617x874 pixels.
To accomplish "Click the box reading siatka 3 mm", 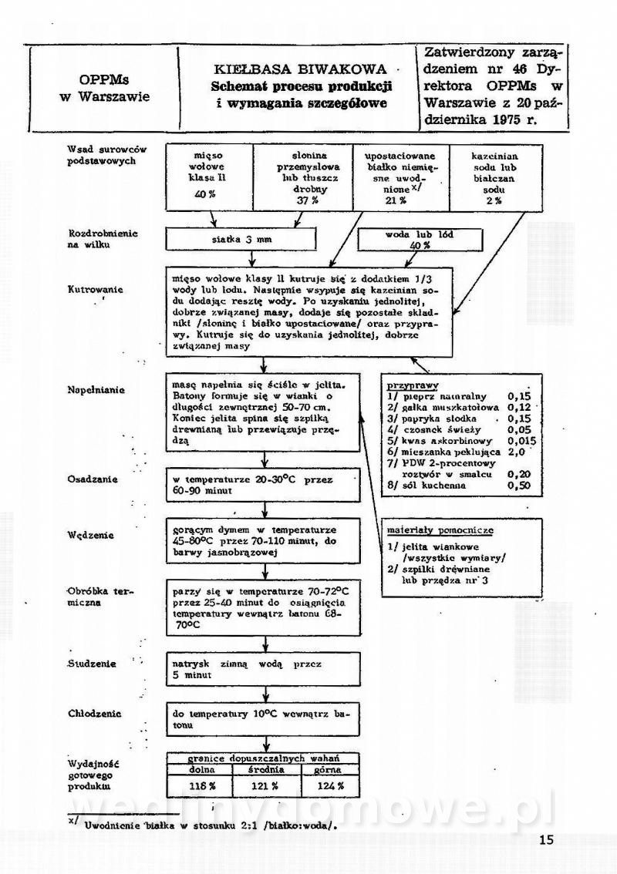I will [241, 240].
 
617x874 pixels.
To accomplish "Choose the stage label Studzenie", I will [92, 663].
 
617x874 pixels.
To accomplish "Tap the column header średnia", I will [264, 769].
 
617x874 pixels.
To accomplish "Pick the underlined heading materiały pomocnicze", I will [440, 531].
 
